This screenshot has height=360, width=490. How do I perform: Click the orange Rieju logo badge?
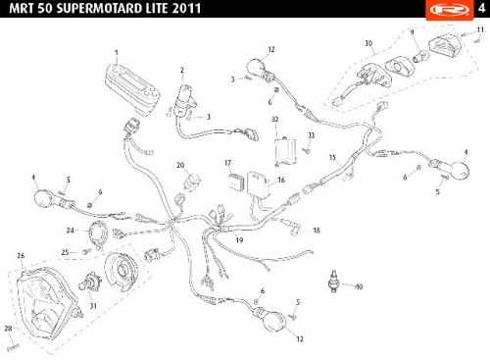(x=450, y=10)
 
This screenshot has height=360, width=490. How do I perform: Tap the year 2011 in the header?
(x=186, y=8)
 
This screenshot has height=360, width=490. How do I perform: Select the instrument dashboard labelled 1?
(x=132, y=89)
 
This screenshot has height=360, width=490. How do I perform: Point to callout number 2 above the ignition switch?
(x=182, y=70)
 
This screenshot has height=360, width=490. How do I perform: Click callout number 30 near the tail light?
(x=368, y=43)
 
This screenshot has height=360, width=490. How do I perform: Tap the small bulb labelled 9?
(x=419, y=56)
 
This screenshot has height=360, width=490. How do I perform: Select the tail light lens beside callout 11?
(x=444, y=45)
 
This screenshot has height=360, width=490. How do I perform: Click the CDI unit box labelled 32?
(x=285, y=151)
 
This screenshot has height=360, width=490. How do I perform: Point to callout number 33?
(x=311, y=135)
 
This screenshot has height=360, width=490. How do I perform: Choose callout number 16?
(x=281, y=180)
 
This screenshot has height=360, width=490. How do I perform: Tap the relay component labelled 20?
(x=192, y=180)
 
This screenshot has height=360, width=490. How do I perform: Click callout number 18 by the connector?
(x=317, y=231)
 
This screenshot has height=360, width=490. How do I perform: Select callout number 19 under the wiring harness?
(x=239, y=240)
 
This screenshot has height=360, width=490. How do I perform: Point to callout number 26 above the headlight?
(x=21, y=256)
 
